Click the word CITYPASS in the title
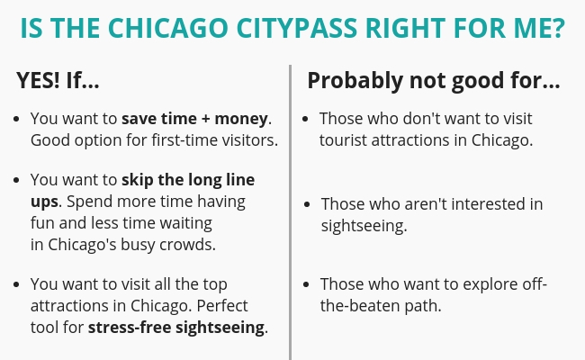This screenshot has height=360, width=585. click(x=297, y=29)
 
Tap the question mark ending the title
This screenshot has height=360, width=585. click(x=558, y=29)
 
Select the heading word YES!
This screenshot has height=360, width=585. click(x=38, y=80)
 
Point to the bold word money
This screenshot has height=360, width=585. click(x=241, y=119)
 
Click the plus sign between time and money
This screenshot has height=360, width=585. click(x=205, y=119)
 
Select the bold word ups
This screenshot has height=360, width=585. click(x=44, y=202)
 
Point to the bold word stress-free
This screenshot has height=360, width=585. click(x=130, y=328)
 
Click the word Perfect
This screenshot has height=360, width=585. click(x=222, y=306)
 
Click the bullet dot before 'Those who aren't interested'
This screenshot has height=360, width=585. click(x=307, y=204)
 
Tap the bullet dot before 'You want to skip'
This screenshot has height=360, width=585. click(x=16, y=180)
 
